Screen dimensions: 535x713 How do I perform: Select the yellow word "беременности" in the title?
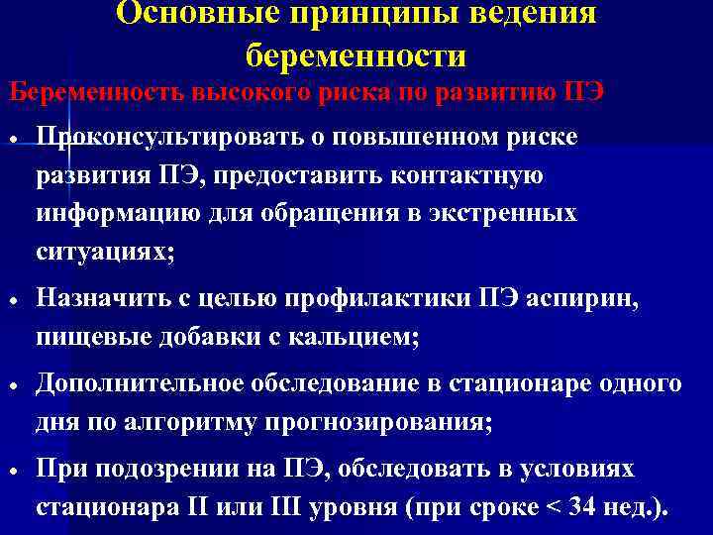coord(356,54)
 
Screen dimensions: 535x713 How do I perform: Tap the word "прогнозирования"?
coord(377,422)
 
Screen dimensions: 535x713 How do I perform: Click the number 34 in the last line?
coord(590,508)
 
